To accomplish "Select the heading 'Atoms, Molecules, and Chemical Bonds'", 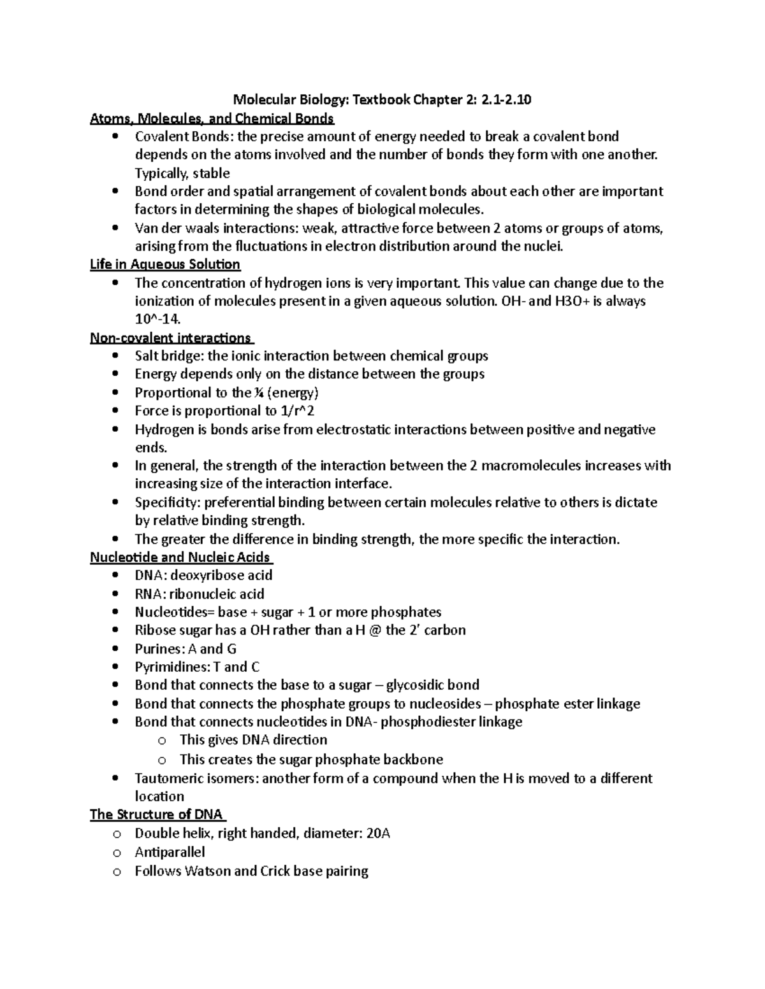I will [212, 118].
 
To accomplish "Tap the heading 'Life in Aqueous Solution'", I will [165, 264].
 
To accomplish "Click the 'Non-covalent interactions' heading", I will [171, 338].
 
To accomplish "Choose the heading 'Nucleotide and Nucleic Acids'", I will [180, 557].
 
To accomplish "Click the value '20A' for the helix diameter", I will [378, 833].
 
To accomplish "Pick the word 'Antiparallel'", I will [170, 851].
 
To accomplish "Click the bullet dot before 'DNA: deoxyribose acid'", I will [115, 576].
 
